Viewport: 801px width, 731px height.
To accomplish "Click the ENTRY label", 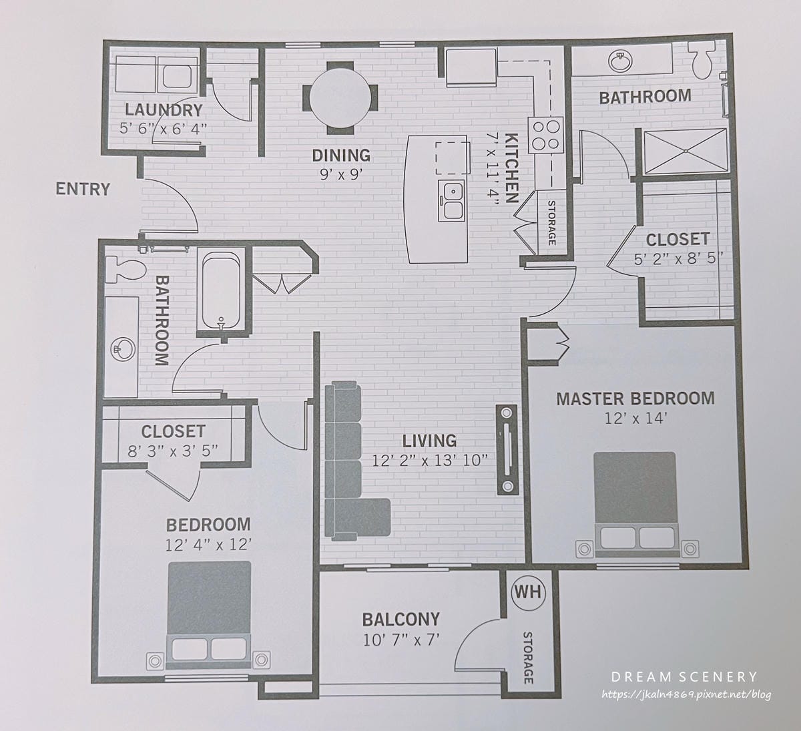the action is click(83, 189).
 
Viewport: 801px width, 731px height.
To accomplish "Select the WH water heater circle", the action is click(528, 591).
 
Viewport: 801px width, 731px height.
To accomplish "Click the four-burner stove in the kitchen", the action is click(546, 135).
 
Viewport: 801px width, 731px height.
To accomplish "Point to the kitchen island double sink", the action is click(451, 200).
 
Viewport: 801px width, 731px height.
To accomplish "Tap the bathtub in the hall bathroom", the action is click(221, 292).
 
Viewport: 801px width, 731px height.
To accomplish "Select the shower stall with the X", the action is click(686, 151).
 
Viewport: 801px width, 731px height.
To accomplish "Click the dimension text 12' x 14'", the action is click(635, 418).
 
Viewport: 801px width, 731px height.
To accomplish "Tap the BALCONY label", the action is click(401, 619).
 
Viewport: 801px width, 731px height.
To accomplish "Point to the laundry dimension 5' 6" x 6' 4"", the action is click(163, 129).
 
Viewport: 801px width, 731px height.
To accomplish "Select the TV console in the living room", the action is click(507, 450).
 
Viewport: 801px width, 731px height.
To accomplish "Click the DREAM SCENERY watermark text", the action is click(684, 677).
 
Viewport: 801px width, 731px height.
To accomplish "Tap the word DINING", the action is click(341, 156).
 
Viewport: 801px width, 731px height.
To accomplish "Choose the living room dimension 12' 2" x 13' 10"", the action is click(430, 461).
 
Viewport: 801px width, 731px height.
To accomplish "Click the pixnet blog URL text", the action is click(686, 695).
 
